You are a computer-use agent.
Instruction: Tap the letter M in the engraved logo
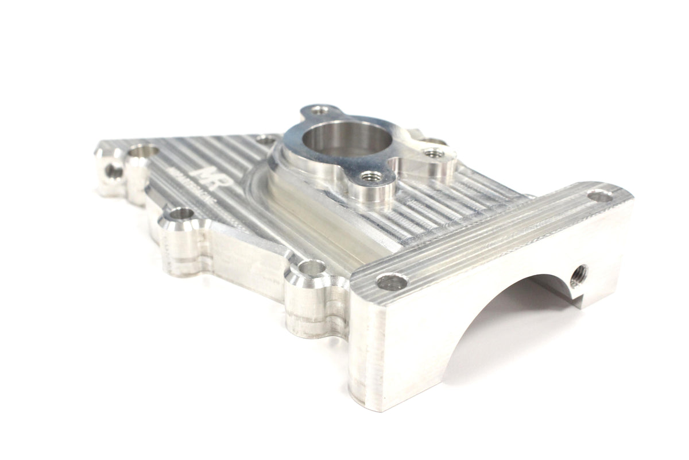pos(203,171)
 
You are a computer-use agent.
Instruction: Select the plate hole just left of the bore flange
pos(265,138)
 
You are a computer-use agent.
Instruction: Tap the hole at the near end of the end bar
pos(393,282)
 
